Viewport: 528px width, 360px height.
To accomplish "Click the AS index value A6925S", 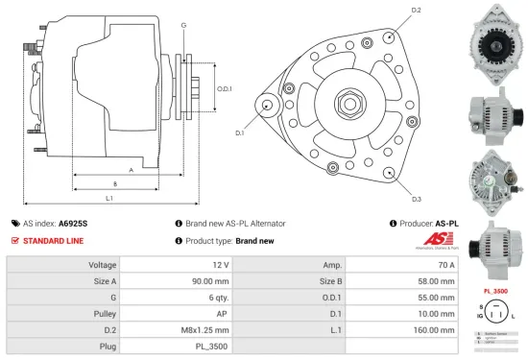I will tap(73, 223).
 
